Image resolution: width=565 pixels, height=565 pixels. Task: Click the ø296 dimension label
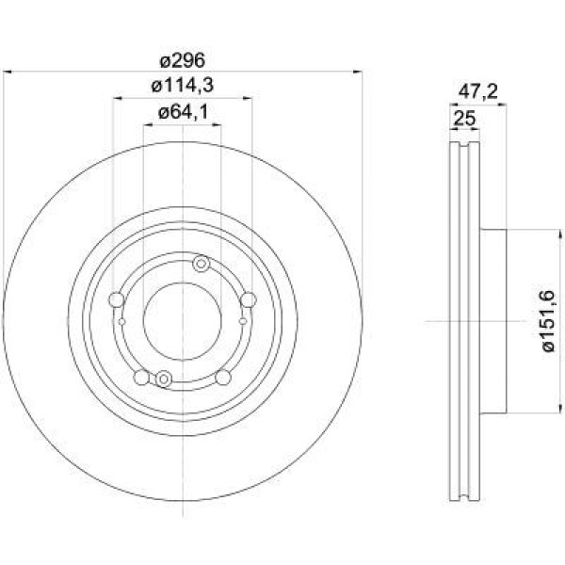183,60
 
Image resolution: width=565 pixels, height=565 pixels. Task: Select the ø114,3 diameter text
183,86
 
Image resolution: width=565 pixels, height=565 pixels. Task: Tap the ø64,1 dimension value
183,112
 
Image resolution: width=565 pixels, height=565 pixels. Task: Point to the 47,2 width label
477,92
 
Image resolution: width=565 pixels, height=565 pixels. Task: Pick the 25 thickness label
464,119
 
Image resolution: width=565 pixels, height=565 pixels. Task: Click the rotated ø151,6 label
548,321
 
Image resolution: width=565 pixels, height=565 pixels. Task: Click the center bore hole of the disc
183,321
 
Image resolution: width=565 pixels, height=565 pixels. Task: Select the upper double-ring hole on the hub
202,264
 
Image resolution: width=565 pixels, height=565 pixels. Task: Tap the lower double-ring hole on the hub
164,379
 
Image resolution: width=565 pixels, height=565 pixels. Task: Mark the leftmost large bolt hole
117,299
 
